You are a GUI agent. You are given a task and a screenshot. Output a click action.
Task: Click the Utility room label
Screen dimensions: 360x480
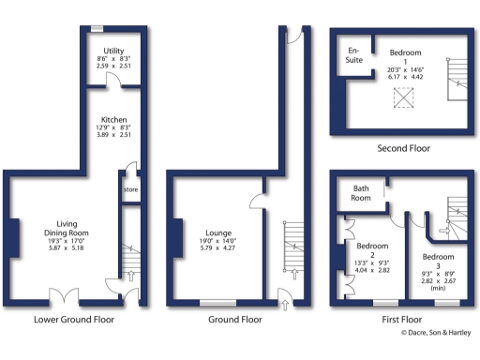click(x=114, y=51)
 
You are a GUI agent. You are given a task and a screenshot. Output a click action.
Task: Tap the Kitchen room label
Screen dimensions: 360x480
click(x=114, y=120)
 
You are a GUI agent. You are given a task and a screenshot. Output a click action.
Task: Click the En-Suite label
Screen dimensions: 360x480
click(x=354, y=53)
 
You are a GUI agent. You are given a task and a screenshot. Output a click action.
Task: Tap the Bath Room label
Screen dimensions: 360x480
click(x=361, y=193)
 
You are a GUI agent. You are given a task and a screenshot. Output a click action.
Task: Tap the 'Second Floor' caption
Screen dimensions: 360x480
click(x=404, y=148)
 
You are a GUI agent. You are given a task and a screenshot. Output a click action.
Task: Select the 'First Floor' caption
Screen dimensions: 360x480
click(x=404, y=319)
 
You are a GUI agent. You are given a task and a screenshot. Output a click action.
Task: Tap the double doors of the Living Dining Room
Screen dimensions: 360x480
click(x=64, y=300)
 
